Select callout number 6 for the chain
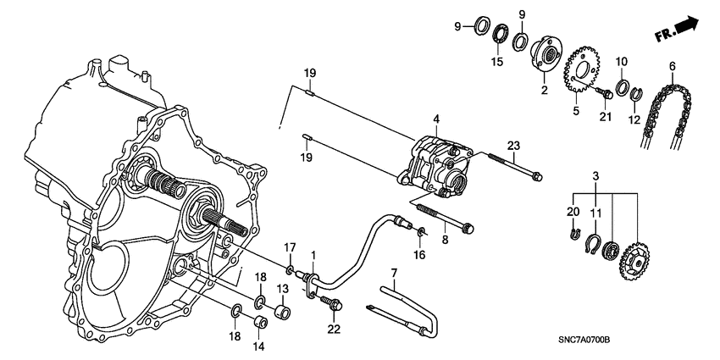click(672, 66)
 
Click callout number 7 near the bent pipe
click(394, 272)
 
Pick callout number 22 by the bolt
click(334, 329)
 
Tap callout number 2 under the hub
click(544, 88)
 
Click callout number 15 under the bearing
click(496, 62)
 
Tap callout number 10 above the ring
click(621, 62)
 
